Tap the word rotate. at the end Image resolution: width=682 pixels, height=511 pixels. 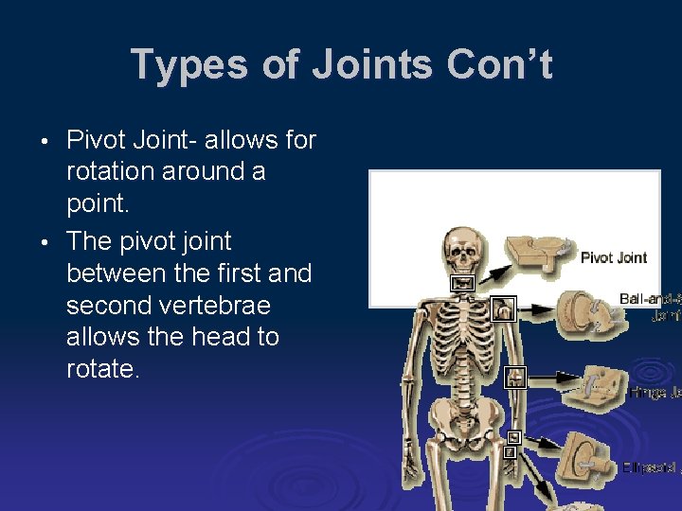(x=102, y=369)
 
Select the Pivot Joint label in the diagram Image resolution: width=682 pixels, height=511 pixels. (x=614, y=256)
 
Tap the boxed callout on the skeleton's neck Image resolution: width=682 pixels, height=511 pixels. (x=463, y=283)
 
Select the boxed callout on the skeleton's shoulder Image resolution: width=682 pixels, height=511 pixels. (x=504, y=308)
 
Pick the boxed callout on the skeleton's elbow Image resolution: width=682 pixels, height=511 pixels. (x=514, y=377)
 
